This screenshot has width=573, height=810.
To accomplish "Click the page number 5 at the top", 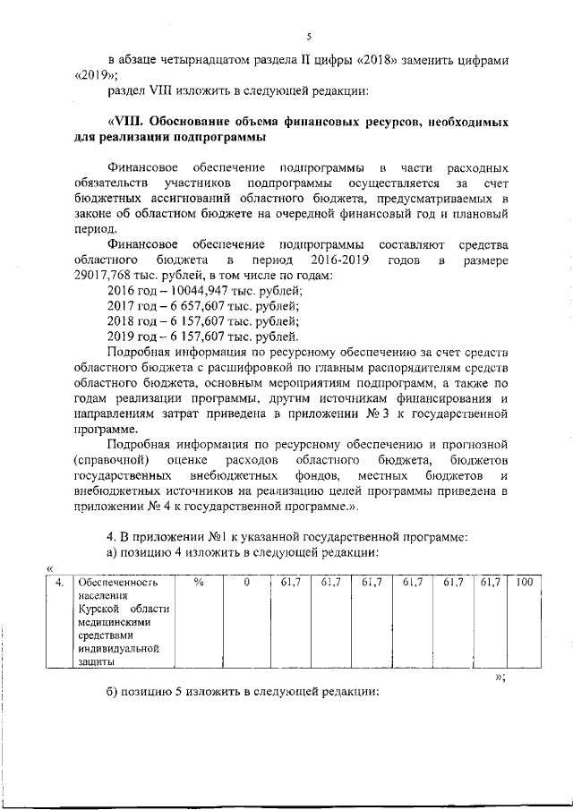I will pyautogui.click(x=308, y=37).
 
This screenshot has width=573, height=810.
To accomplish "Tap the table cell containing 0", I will pyautogui.click(x=247, y=583).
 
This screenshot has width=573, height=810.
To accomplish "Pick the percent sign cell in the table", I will pyautogui.click(x=199, y=583).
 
